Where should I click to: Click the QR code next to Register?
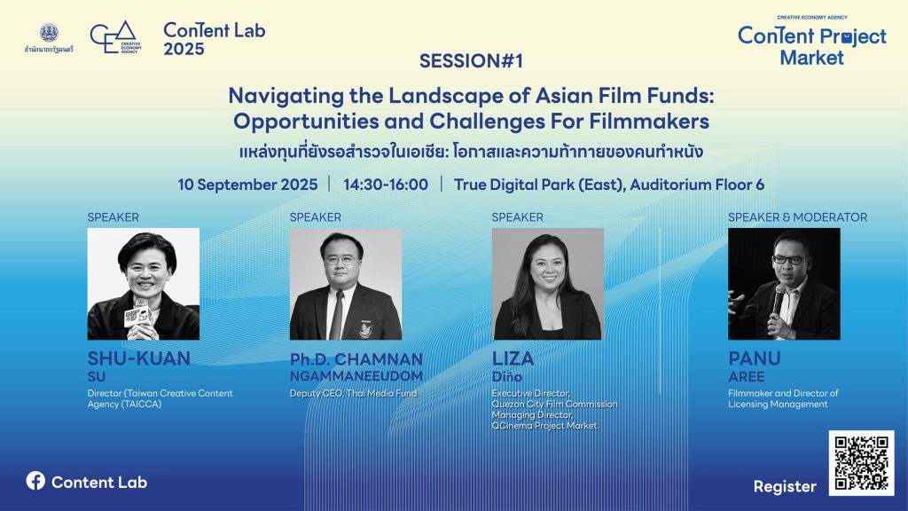(861, 463)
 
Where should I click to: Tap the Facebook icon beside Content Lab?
(35, 480)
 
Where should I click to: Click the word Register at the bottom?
(785, 487)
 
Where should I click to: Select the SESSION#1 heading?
(471, 61)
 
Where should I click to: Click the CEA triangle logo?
(116, 37)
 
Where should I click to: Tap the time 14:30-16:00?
(386, 185)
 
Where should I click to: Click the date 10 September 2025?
(247, 185)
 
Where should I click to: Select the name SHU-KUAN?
(139, 358)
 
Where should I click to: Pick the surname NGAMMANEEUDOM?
(356, 376)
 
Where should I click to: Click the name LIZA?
(513, 358)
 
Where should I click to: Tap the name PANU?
(755, 358)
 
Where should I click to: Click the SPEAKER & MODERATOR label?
(797, 217)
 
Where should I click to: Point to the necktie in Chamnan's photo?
(336, 315)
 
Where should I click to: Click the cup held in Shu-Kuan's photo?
(138, 317)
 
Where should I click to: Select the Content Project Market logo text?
(812, 46)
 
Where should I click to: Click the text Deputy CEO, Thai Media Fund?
(353, 393)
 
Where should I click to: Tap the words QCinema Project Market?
(544, 426)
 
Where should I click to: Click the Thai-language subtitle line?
(471, 152)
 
